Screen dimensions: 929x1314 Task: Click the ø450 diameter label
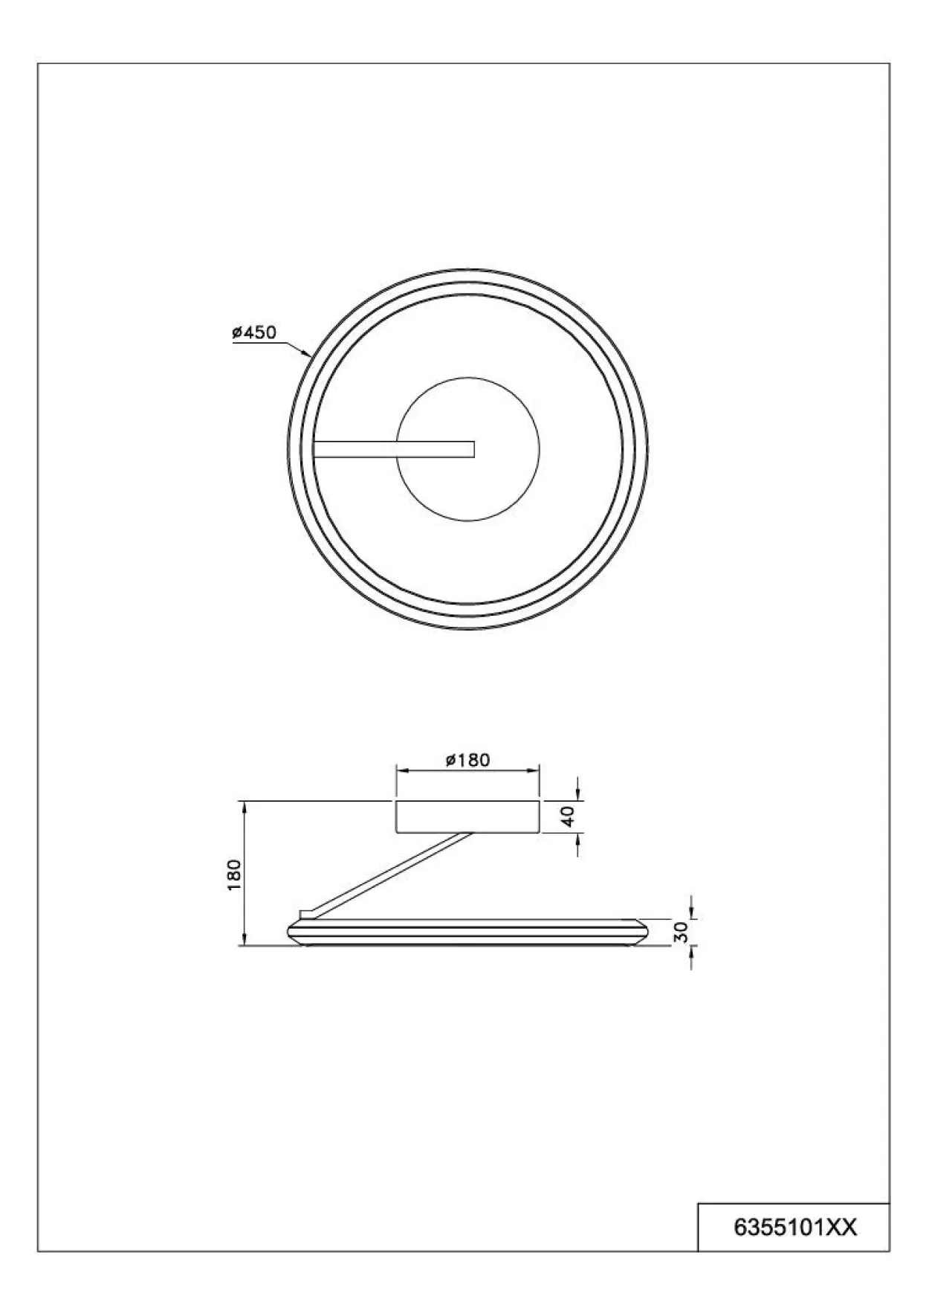254,332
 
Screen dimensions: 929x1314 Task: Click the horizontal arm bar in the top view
394,448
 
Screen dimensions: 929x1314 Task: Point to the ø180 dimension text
467,759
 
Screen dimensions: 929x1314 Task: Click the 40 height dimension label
568,817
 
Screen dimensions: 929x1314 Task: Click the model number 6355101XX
795,1227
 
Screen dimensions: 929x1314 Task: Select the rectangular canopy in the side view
467,817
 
